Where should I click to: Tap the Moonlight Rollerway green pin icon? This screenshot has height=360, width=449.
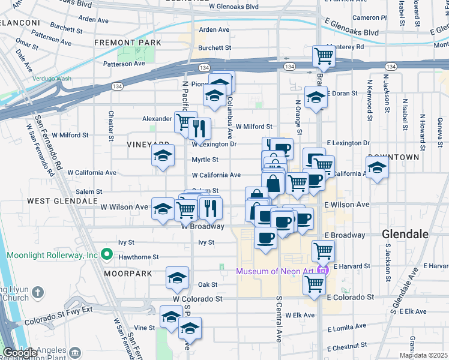click(106, 255)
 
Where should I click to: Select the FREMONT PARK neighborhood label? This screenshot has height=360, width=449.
click(127, 43)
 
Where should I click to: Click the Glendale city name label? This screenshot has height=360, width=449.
click(405, 234)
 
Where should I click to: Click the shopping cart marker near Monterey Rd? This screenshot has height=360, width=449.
click(324, 56)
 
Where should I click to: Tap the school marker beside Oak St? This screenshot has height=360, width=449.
click(177, 278)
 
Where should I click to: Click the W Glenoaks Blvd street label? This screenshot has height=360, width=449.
click(234, 7)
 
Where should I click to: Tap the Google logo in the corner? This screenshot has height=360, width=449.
click(20, 353)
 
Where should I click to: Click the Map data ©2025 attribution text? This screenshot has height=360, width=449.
click(424, 355)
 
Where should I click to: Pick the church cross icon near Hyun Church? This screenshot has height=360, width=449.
click(37, 292)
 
